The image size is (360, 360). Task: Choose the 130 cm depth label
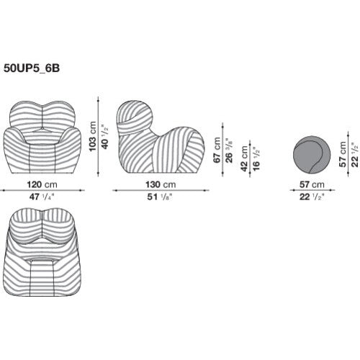pyautogui.click(x=158, y=184)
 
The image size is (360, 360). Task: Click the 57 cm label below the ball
pyautogui.click(x=311, y=184)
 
